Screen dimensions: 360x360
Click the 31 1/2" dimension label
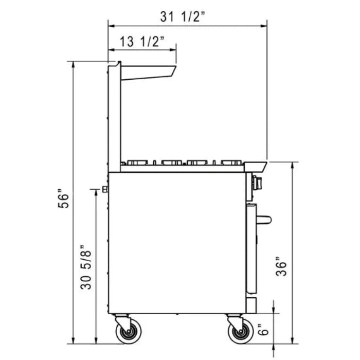point(183,16)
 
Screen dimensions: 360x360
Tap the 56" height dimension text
point(63,199)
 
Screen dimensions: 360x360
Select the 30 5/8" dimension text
point(87,267)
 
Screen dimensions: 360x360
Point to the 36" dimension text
point(280,266)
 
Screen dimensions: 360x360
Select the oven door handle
point(264,220)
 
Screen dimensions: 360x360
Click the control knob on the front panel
point(257,182)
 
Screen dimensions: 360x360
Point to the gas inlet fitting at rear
point(105,189)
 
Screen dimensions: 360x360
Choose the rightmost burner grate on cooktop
point(231,163)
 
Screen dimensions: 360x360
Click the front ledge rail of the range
point(255,166)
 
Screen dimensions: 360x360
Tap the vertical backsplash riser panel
point(114,118)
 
